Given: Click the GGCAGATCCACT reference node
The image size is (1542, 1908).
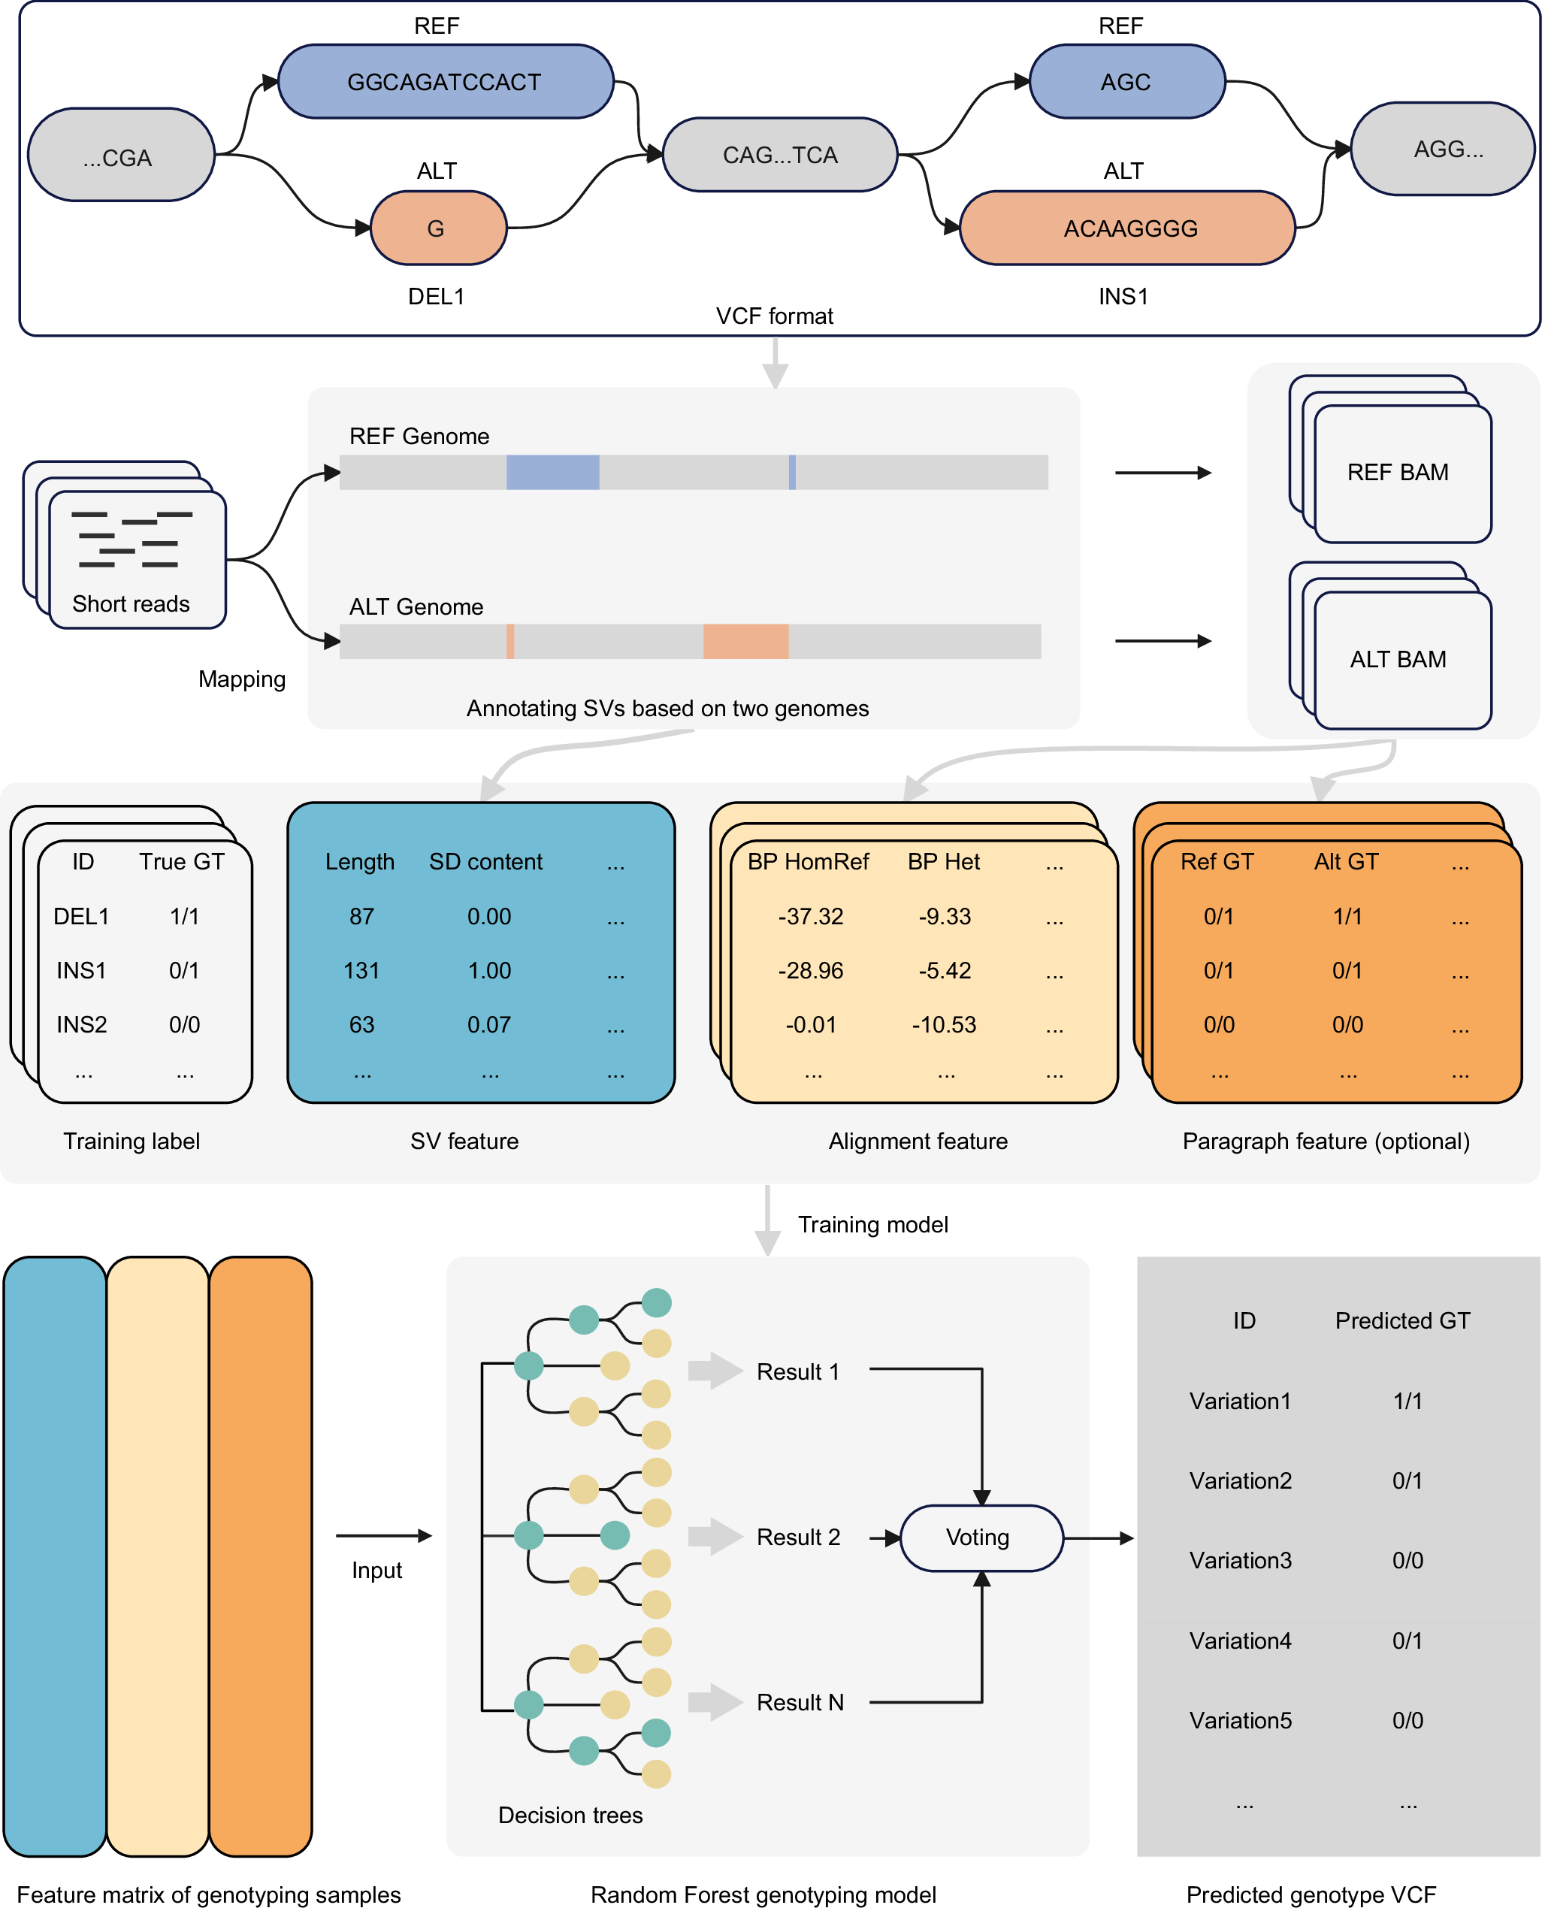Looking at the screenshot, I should tap(445, 82).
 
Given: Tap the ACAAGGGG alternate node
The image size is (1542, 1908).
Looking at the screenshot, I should tap(1128, 228).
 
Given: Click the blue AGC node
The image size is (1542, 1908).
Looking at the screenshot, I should tap(1126, 82).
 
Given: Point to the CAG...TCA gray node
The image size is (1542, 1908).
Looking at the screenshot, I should tap(780, 155).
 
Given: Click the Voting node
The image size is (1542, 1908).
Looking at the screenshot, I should tap(981, 1537).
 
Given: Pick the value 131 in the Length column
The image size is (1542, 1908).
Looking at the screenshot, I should tap(361, 970).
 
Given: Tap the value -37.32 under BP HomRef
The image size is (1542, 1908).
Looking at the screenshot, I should tap(810, 916).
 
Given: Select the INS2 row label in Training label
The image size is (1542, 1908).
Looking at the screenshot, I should tap(82, 1024).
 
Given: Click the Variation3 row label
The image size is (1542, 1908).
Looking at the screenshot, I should tap(1240, 1560).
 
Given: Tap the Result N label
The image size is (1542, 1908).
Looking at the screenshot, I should tap(800, 1702).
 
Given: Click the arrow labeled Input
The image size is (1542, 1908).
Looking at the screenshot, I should tap(384, 1535).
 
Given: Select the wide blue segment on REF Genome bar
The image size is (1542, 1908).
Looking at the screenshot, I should tap(552, 473).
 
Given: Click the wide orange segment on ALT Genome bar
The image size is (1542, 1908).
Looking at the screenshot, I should tap(745, 641).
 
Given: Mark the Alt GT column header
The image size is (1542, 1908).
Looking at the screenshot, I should tap(1346, 862).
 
